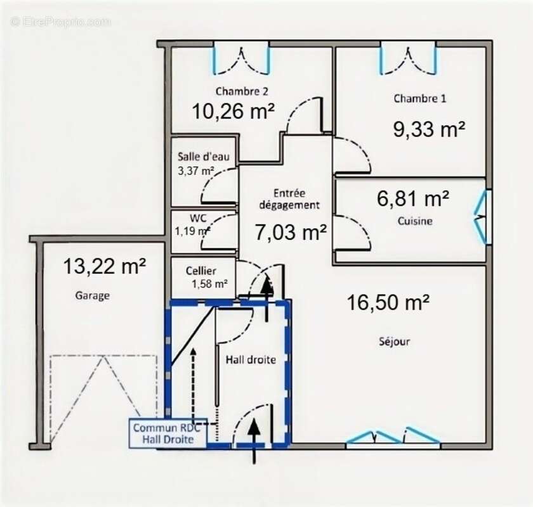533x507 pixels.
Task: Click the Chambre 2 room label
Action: tap(242, 91)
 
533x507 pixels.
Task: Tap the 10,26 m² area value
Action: tap(234, 111)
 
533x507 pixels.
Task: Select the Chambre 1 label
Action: tap(419, 98)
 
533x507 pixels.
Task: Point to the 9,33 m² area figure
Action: tap(429, 129)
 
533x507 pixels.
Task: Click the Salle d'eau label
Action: tap(203, 157)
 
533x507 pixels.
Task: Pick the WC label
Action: tap(198, 217)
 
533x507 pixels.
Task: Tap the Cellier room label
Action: tap(201, 271)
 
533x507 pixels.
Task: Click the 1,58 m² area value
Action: tap(210, 283)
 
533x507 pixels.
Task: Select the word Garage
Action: tap(92, 296)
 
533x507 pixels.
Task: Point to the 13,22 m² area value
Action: tap(105, 266)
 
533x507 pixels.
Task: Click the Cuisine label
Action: tap(415, 221)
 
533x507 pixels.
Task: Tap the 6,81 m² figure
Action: tap(413, 198)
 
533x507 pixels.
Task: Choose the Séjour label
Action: tap(394, 342)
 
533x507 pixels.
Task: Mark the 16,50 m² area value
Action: tap(388, 302)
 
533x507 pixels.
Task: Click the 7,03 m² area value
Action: tap(291, 233)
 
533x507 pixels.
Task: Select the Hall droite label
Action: tap(251, 359)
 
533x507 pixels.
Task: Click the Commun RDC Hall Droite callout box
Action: tap(168, 433)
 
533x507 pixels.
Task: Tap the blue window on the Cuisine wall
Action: tap(482, 217)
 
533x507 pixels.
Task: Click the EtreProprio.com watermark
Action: tap(60, 22)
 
